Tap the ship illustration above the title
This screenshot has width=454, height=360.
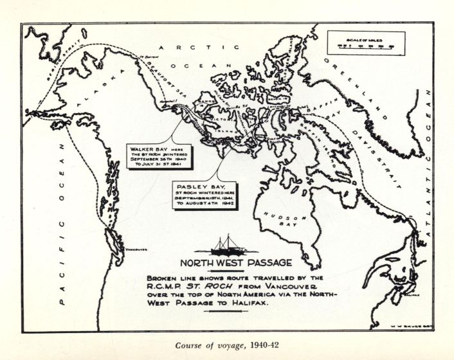point(235,245)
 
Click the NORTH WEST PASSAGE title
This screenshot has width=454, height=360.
point(235,262)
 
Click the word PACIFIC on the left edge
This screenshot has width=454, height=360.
point(63,256)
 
